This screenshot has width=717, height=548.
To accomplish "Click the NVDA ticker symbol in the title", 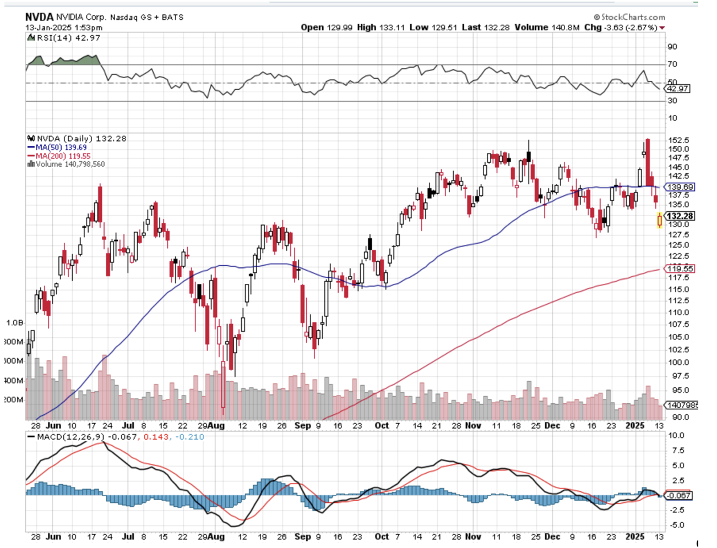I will point(39,17).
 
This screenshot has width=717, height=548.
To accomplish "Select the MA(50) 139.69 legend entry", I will point(60,147).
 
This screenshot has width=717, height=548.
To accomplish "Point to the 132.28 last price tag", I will point(680,216).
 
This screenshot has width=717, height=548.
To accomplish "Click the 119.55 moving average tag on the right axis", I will point(680,268).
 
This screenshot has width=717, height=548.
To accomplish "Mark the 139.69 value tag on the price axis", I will point(680,187).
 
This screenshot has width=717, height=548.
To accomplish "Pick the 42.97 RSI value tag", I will point(677,89).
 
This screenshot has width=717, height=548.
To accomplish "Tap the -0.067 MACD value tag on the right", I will point(678,496).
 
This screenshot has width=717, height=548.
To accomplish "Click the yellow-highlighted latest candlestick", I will point(660,221).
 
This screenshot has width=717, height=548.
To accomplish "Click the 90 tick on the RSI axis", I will point(672,47).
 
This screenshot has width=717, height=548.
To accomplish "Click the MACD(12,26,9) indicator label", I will point(70,437).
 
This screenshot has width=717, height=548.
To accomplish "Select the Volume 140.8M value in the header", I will point(547,28).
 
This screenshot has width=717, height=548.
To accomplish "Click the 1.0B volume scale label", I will point(14,323).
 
